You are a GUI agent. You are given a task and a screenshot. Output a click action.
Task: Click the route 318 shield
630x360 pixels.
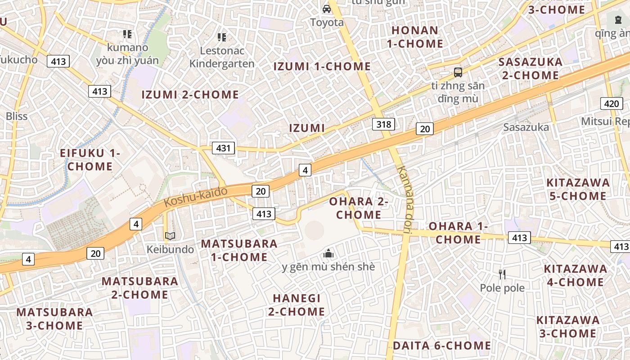coord(383,124)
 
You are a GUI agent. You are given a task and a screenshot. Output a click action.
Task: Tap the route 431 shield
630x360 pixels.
coord(223,148)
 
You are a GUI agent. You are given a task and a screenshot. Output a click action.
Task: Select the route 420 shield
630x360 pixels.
coord(612,104)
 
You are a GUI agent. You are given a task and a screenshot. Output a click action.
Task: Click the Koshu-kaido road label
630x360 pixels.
coord(195,197)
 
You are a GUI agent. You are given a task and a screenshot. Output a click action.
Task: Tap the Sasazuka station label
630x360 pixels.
coord(526,127)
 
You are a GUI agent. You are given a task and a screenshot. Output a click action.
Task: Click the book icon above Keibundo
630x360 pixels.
coord(170,236)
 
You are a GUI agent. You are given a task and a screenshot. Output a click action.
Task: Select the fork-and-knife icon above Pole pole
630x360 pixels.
coord(502,274)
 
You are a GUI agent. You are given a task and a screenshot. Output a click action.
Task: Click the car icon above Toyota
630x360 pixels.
coord(327,9)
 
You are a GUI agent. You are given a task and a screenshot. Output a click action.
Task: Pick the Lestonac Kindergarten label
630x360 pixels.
coord(222,57)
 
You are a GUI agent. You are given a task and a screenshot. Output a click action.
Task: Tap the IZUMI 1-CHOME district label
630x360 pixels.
coord(322,67)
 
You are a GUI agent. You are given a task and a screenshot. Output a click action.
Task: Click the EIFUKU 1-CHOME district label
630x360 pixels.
coord(90,159)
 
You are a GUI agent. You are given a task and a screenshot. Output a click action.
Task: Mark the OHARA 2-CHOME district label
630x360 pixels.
coord(359,208)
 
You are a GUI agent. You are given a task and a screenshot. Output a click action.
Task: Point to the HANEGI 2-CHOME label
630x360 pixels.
coord(297,305)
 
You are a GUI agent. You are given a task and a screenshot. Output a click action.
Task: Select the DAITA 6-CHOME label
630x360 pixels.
coord(442,346)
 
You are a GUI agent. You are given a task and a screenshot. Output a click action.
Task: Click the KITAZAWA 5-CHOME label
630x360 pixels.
coord(578,189)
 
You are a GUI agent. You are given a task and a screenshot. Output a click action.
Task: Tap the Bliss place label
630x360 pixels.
coord(17,116)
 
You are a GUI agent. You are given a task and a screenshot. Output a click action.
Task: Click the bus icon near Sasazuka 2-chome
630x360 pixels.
coord(458,72)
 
